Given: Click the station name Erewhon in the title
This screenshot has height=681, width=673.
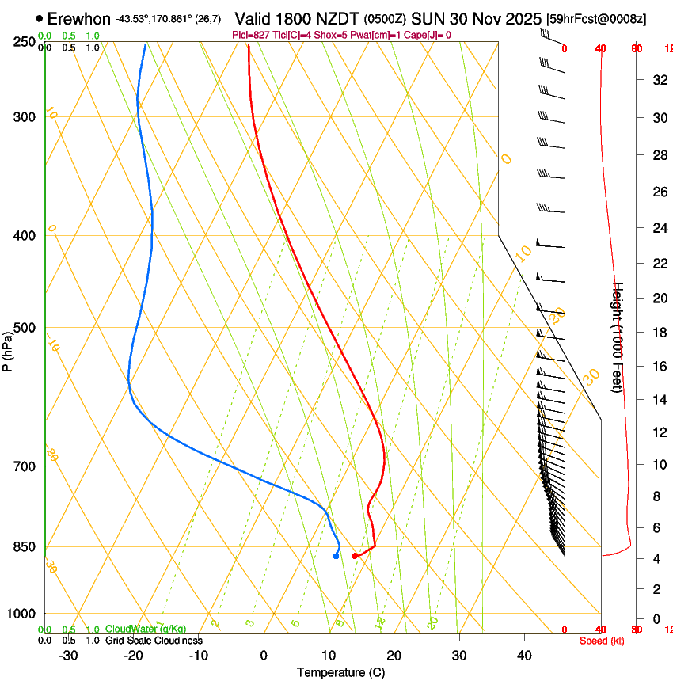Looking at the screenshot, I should coord(78,18).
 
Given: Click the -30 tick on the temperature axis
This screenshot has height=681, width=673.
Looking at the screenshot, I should coord(68,656).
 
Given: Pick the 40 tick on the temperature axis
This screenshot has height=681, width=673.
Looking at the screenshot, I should coord(523,656).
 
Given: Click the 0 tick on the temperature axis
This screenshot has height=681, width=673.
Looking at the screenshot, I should coord(264,656).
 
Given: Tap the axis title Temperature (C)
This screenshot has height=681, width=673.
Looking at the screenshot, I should coord(340,672).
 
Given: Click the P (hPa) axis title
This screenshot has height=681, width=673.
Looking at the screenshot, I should coord(7,350).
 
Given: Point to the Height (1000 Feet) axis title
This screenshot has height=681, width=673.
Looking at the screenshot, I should coord(619,337).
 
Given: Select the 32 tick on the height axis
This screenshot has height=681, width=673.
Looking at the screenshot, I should coord(660,79).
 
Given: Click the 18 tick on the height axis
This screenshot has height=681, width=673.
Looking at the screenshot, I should coord(660,333).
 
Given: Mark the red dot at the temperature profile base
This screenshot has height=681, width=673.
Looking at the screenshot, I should coord(354,556).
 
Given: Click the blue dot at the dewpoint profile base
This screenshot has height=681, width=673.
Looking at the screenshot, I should coord(336,556).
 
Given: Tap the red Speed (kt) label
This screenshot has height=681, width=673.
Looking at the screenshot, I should coord(601,641).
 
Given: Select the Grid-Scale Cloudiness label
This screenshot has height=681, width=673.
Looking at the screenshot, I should coord(154,641).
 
